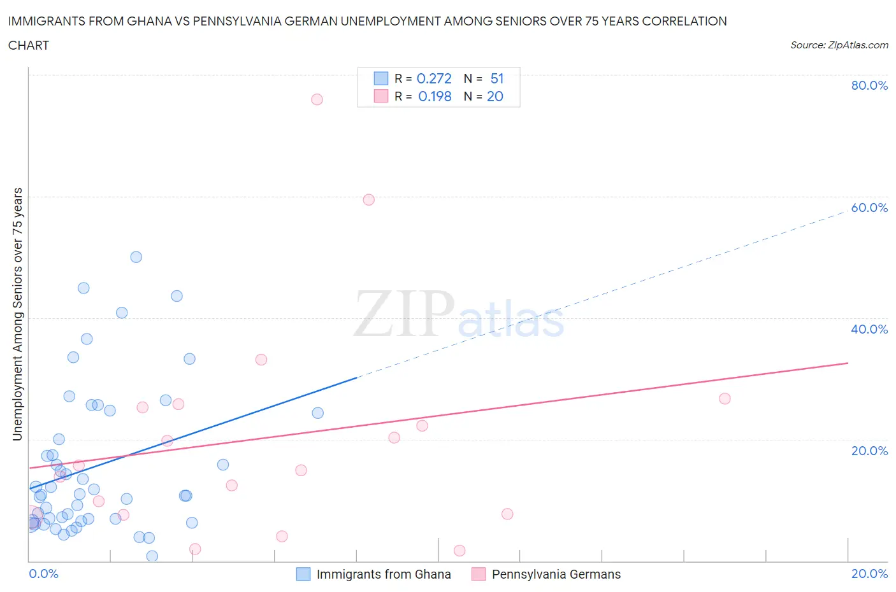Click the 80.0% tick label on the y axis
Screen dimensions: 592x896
869,86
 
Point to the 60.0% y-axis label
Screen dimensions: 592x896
869,208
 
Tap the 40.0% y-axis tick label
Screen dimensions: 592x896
869,330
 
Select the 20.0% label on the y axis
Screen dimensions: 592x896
869,451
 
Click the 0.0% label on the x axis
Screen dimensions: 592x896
43,574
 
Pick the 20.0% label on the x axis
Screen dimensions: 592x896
869,574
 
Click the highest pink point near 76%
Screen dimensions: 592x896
317,99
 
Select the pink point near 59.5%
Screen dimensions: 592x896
368,200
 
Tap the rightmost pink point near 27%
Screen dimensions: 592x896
725,399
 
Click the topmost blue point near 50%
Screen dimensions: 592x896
136,257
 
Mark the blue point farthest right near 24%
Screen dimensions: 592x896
317,413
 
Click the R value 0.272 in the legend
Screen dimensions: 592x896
434,78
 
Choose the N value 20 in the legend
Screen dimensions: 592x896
495,97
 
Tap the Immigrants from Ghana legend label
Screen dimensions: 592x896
384,575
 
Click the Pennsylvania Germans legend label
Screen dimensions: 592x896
556,575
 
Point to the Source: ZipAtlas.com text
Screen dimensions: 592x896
839,45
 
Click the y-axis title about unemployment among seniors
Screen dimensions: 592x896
18,314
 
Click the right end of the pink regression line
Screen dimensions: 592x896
848,363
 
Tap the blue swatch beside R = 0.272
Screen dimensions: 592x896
380,78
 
